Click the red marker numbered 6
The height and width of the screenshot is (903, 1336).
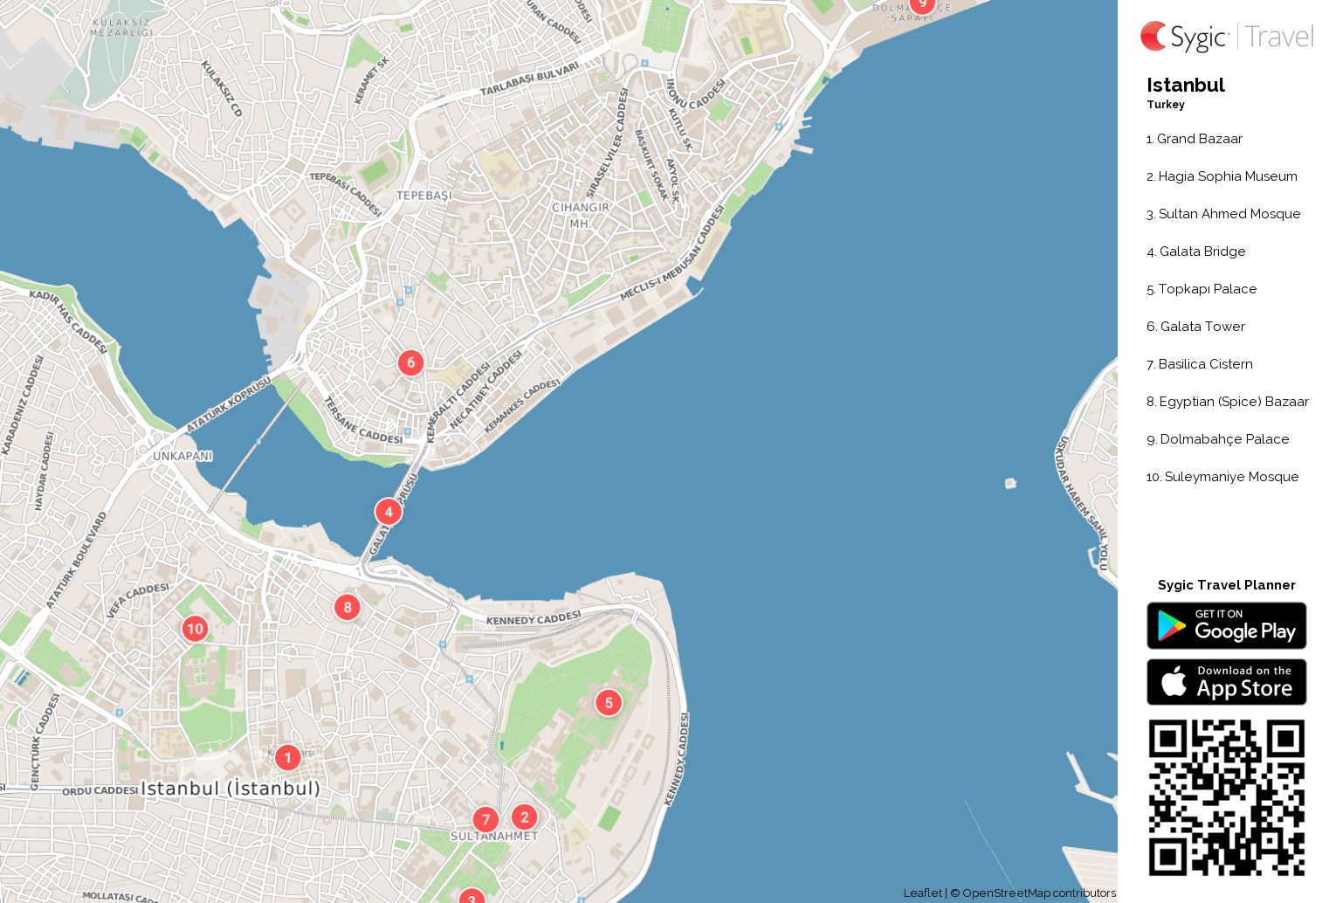coord(410,362)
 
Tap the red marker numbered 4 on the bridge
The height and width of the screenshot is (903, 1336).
coord(389,512)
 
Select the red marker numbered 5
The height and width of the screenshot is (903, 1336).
coord(609,702)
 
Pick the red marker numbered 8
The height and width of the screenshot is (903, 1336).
coord(348,607)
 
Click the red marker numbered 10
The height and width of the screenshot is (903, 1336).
coord(195,628)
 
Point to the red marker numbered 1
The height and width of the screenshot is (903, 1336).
coord(288,757)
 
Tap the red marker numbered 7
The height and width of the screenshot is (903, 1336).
coord(486,819)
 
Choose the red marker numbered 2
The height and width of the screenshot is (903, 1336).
coord(524,817)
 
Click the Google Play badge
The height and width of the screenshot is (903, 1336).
coord(1226,625)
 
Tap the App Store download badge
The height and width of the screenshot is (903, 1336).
coord(1226,681)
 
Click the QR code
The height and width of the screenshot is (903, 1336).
coord(1226,796)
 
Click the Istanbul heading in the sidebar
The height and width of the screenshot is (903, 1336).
coord(1185,85)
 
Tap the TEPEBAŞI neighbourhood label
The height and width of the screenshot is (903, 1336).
coord(424,196)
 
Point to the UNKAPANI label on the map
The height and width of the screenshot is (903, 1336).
coord(182,456)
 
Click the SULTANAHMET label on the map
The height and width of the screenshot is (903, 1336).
coord(494,837)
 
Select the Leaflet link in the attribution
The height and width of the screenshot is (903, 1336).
coord(922,893)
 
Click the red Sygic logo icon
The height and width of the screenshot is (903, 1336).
coord(1154,36)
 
